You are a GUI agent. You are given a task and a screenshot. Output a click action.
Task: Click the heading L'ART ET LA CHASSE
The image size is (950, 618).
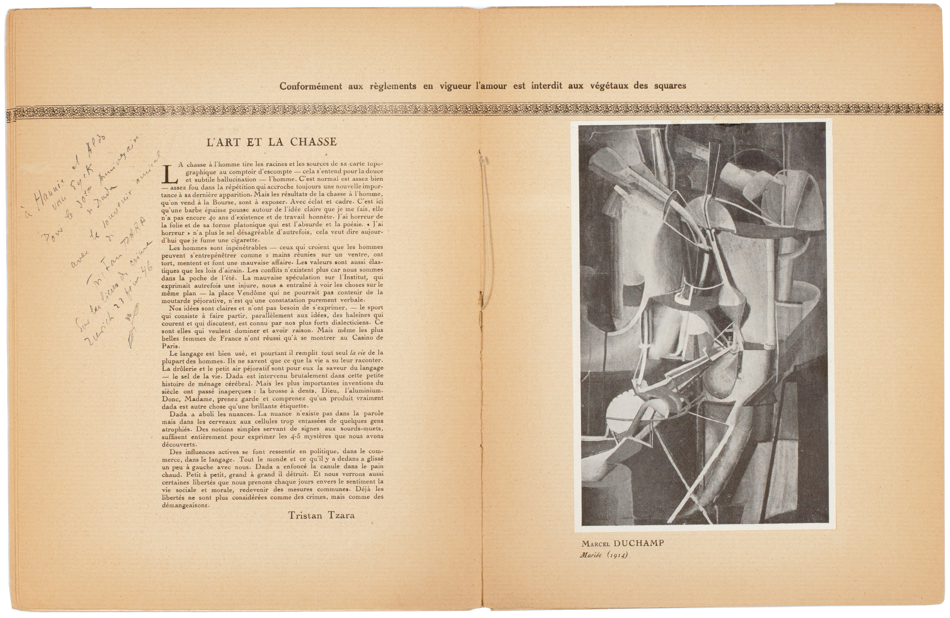[x=271, y=142]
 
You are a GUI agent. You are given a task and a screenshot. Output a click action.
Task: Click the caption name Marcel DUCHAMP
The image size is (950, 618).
[x=623, y=543]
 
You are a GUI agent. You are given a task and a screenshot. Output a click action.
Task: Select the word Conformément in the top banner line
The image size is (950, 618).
[x=311, y=86]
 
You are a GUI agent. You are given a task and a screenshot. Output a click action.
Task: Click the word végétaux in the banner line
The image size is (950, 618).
[x=607, y=86]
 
